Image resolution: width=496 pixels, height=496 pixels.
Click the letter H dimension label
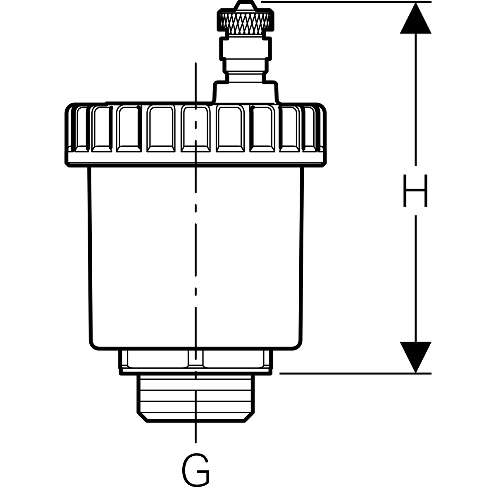tap(415, 191)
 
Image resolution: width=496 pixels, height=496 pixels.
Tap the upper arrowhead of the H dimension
tap(415, 19)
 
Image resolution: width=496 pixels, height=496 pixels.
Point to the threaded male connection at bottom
tap(196, 397)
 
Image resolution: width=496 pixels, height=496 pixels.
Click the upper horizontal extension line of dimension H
tap(347, 2)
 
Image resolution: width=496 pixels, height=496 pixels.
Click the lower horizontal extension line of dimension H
tap(355, 373)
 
